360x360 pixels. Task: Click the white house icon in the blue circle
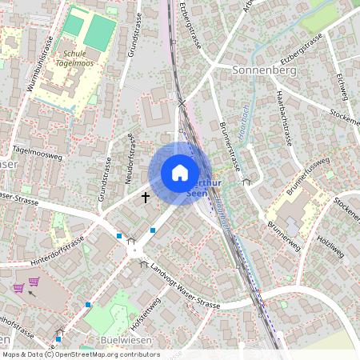180,173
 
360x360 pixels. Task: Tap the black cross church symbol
146,196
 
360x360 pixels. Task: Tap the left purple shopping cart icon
18,287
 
